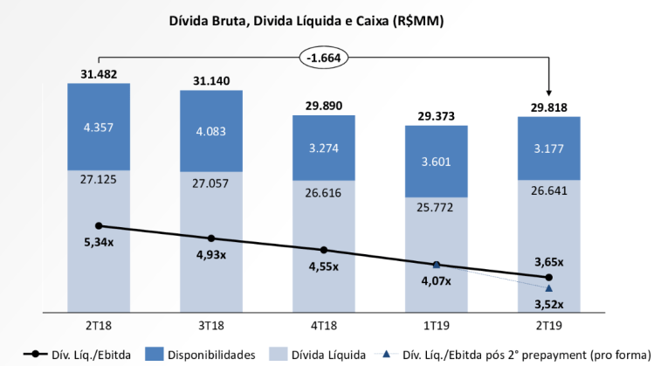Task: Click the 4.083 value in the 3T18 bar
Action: pos(211,133)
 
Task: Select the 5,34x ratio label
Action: pos(98,242)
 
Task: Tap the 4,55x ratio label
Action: pos(324,267)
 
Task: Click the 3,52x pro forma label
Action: pos(548,304)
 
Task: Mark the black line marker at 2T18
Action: pos(99,225)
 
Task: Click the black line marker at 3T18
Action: pos(211,238)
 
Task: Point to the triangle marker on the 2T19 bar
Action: pos(549,287)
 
